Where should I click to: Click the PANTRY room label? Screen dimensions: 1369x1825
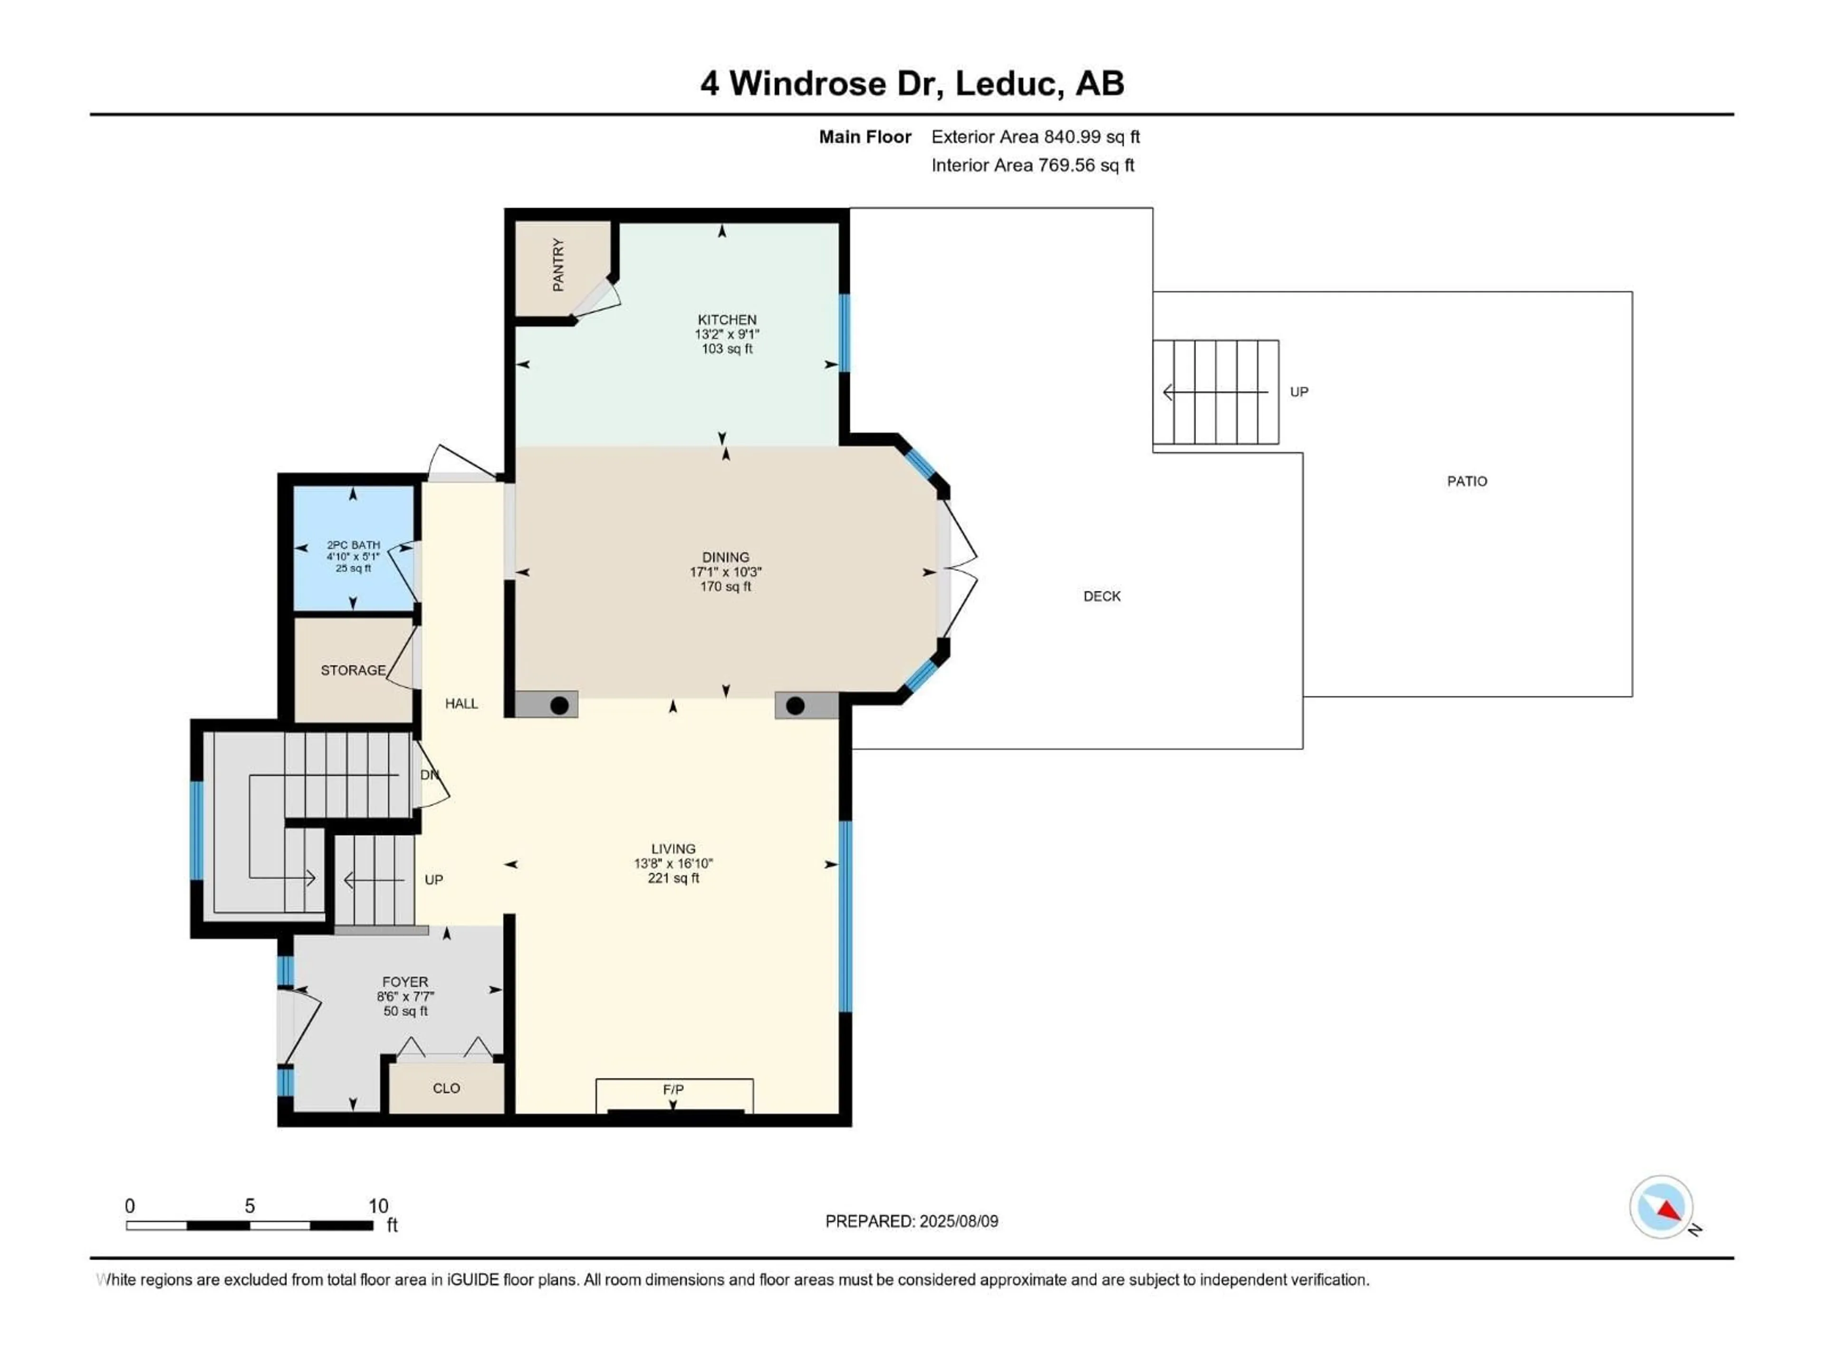pos(558,265)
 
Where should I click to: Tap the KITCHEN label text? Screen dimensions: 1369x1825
pos(727,319)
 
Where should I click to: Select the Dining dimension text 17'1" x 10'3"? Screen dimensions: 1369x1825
pos(726,572)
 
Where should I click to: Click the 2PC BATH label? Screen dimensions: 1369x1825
pos(353,545)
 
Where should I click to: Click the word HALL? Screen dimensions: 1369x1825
pos(461,703)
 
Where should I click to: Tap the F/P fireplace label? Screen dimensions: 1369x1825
pos(673,1089)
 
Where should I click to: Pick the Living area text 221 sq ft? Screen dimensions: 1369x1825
pos(673,878)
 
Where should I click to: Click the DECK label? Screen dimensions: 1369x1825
pos(1102,596)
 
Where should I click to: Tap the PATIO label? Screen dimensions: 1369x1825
pos(1467,481)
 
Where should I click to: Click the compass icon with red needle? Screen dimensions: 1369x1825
pos(1661,1207)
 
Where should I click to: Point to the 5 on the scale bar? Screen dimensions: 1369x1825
pos(250,1205)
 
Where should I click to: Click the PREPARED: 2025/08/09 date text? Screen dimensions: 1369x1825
pos(912,1221)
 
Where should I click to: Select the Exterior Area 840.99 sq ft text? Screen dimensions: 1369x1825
pos(1036,137)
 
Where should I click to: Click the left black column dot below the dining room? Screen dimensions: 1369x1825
pos(559,705)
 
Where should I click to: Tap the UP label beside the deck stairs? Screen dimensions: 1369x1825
pos(1298,392)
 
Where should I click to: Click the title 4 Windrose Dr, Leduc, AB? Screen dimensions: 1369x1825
pos(912,83)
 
